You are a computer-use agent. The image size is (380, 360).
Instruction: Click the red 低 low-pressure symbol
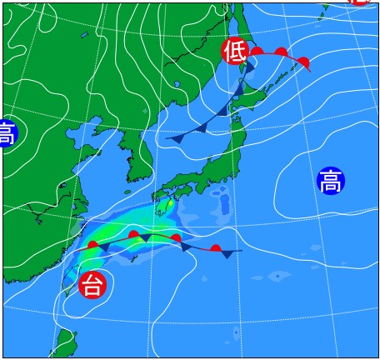coord(234,52)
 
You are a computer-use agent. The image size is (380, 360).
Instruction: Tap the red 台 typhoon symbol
coord(92,286)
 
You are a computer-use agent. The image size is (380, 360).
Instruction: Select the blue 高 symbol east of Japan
coord(331,180)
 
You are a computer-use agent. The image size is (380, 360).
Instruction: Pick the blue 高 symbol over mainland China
coord(7,133)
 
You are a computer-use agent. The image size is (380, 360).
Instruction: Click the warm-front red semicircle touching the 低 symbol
coord(257,52)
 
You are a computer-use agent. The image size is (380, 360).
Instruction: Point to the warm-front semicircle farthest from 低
coord(303,62)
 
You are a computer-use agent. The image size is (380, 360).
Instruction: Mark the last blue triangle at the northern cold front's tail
coord(177,138)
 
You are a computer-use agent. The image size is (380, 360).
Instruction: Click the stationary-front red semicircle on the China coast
coord(93,245)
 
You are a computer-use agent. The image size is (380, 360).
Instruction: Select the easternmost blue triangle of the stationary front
coord(227,253)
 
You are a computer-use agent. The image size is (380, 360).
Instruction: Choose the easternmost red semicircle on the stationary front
coord(215,248)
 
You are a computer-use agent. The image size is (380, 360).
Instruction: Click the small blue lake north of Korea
coord(85,36)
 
